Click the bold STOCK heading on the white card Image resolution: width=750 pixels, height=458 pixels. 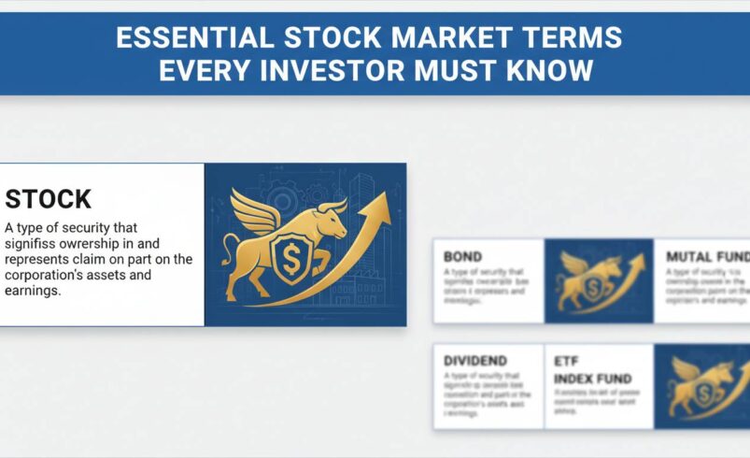[49, 199]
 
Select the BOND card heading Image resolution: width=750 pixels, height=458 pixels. [464, 256]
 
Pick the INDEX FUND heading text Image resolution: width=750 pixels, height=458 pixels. [592, 379]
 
